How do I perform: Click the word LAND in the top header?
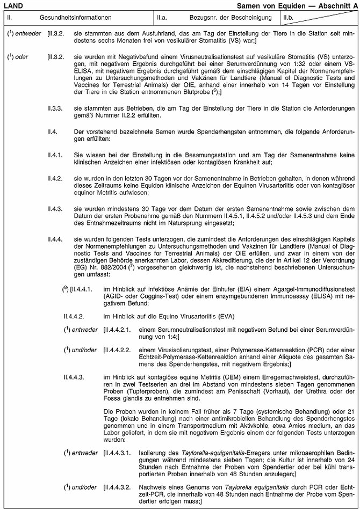tap(12, 4)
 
